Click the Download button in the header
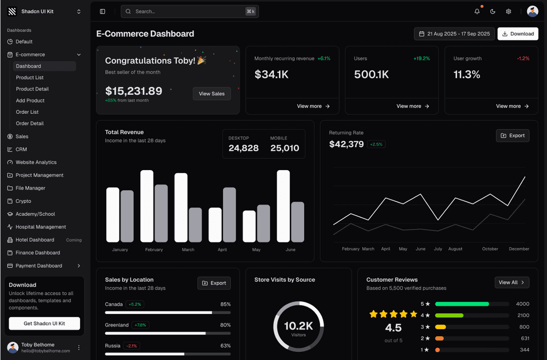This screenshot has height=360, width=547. click(518, 34)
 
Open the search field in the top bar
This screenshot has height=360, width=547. click(189, 11)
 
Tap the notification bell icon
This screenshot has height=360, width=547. click(477, 12)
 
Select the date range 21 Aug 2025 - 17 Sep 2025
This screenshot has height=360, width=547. click(454, 34)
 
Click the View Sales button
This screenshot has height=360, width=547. click(212, 94)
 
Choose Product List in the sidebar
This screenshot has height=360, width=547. click(30, 77)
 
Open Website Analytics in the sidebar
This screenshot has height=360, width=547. click(36, 163)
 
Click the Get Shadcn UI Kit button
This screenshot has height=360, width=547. click(45, 324)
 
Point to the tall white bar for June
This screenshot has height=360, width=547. click(283, 206)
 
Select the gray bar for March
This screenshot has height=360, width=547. click(196, 225)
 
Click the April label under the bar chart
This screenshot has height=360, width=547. click(222, 250)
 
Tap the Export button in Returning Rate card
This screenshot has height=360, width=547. click(513, 136)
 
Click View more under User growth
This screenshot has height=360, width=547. click(512, 106)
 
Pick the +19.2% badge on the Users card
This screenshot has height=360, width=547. click(421, 59)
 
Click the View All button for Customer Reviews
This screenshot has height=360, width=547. click(512, 283)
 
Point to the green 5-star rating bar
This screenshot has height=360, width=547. click(462, 304)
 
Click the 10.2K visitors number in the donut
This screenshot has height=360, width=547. click(298, 326)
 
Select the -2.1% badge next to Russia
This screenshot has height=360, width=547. click(131, 346)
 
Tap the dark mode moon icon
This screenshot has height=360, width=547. click(493, 12)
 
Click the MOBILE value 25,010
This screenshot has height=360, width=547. click(285, 148)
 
